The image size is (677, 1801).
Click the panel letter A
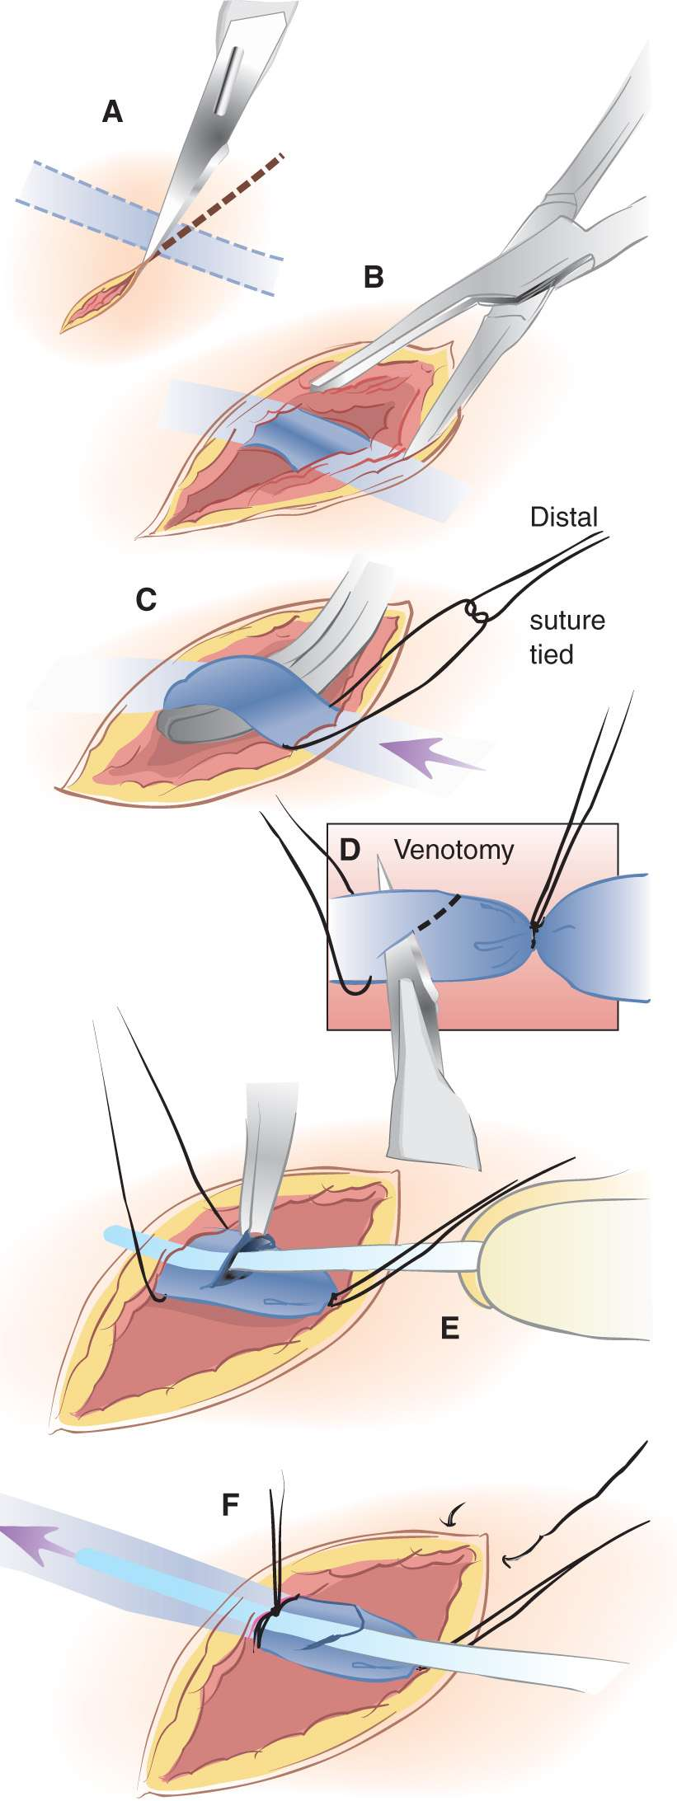[x=112, y=111]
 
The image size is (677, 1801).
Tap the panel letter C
[x=146, y=600]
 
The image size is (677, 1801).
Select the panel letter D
[x=350, y=850]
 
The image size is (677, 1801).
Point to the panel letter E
[x=449, y=1328]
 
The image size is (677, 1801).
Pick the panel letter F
[x=231, y=1506]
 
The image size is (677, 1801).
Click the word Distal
[x=564, y=518]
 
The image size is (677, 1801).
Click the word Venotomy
[x=454, y=849]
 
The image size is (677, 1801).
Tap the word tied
[x=551, y=654]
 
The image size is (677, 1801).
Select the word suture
[x=567, y=620]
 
